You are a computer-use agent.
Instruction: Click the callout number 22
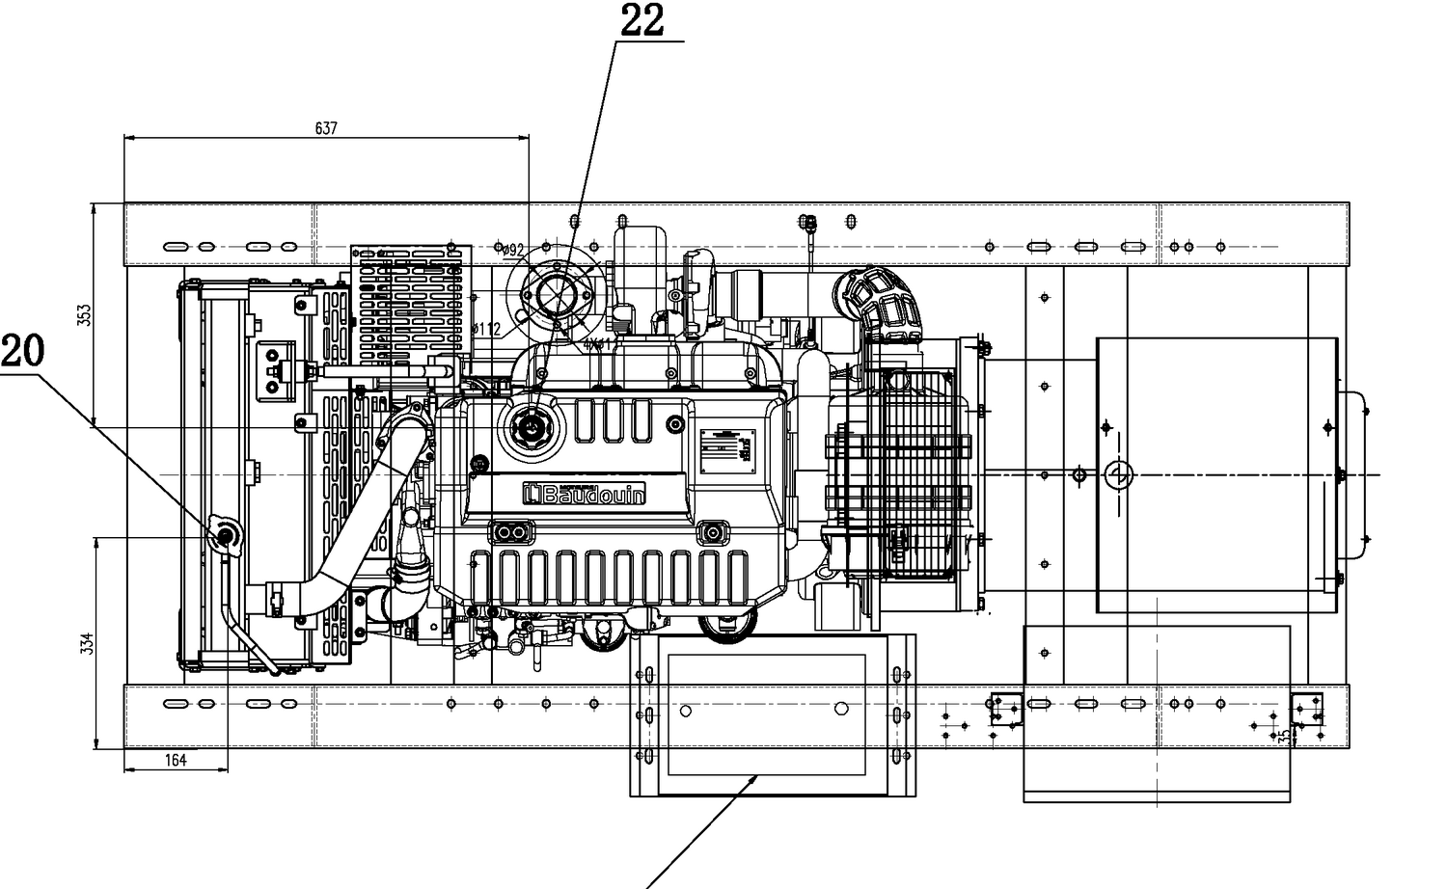coord(642,21)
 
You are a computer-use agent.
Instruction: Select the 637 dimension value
coord(326,128)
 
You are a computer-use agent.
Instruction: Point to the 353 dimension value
coord(84,314)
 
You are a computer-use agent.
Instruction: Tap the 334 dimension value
coord(86,642)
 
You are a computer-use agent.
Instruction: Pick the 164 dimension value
coord(175,761)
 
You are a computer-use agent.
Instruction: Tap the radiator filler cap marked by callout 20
coord(225,535)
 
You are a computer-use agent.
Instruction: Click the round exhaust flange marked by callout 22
coord(556,291)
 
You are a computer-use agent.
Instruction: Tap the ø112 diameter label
coord(487,329)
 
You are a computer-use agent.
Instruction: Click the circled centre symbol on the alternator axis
coord(1118,474)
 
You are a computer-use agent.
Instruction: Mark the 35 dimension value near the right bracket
coord(1284,734)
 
